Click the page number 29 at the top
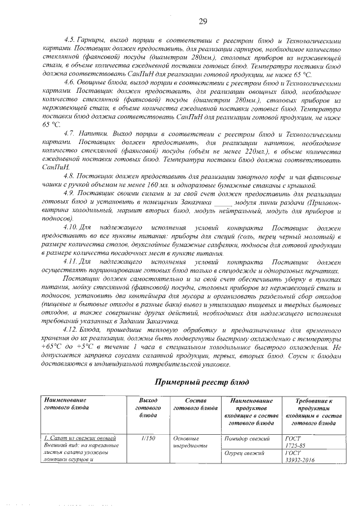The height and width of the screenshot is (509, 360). tap(203, 21)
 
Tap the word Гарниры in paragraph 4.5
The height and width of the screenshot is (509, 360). tap(95, 42)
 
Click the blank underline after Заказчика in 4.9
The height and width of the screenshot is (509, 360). tap(223, 201)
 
